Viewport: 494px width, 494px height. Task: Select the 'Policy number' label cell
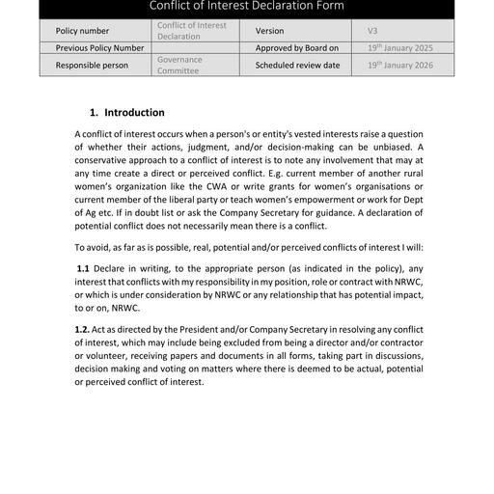click(84, 31)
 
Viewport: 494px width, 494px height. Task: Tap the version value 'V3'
click(373, 31)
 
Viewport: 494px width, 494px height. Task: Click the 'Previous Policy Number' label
click(99, 47)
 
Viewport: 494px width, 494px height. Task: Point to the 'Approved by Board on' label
click(297, 47)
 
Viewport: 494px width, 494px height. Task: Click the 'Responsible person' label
click(92, 66)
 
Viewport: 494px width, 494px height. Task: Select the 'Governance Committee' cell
click(179, 66)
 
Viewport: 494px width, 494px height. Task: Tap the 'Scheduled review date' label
click(297, 66)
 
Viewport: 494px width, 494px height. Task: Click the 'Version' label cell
click(270, 31)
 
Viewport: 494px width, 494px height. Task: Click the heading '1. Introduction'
click(126, 112)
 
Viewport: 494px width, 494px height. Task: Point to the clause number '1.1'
click(83, 267)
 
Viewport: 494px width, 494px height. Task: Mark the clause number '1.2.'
click(83, 330)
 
